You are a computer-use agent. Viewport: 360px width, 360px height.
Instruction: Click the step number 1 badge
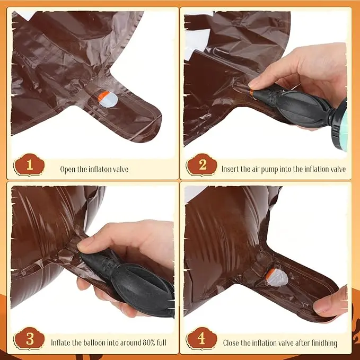[x=29, y=164]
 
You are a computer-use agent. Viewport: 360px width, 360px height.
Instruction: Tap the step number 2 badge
[x=202, y=164]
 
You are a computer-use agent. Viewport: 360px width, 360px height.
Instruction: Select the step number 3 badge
[x=29, y=338]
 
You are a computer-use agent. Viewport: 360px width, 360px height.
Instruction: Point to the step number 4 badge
[x=202, y=338]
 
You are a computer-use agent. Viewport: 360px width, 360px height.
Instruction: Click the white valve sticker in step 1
[x=108, y=100]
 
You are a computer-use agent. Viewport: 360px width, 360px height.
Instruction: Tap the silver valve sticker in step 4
[x=277, y=278]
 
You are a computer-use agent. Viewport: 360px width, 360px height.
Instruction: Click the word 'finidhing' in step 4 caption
[x=324, y=343]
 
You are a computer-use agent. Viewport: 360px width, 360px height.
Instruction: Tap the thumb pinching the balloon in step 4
[x=331, y=301]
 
